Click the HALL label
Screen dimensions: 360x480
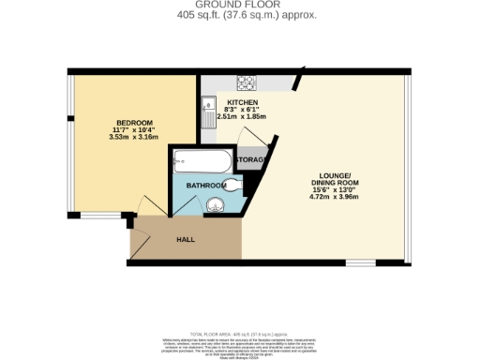pyautogui.click(x=187, y=240)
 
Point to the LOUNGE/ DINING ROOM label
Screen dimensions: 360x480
pyautogui.click(x=336, y=180)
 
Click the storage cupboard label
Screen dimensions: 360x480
pyautogui.click(x=251, y=161)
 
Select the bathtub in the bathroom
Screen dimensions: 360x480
pyautogui.click(x=202, y=163)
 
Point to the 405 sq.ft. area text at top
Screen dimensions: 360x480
pyautogui.click(x=239, y=16)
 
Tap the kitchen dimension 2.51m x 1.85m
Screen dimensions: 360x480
pyautogui.click(x=241, y=116)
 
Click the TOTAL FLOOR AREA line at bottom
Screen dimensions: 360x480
pyautogui.click(x=239, y=334)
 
